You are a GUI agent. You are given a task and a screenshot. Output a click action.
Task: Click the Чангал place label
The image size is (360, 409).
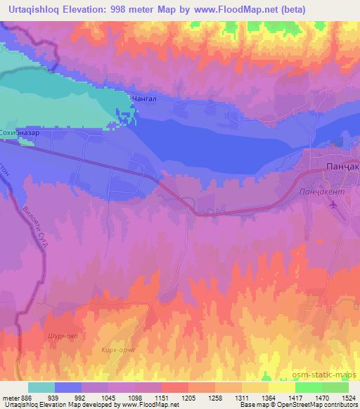click(x=143, y=100)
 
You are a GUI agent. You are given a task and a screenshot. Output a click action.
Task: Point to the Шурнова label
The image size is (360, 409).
click(x=61, y=336)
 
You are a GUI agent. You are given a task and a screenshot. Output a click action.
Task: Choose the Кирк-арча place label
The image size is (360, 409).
click(x=117, y=349)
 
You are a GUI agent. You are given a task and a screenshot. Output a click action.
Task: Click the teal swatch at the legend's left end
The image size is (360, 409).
click(x=41, y=387)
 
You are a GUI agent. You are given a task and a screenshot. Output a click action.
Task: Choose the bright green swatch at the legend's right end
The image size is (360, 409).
click(x=335, y=387)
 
